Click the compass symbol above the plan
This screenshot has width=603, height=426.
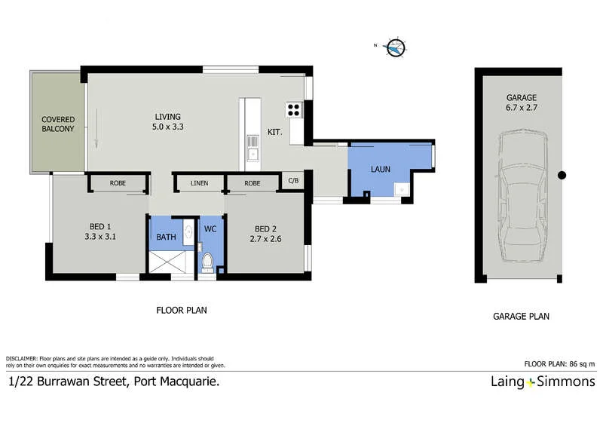click(395, 48)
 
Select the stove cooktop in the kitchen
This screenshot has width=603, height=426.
click(293, 111)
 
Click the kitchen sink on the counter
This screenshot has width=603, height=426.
click(254, 155)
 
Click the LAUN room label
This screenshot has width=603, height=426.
click(380, 170)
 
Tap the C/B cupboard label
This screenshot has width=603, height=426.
click(294, 182)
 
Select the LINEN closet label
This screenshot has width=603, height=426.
click(199, 183)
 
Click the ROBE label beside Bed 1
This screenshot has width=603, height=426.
click(117, 183)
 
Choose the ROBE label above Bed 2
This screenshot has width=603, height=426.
click(252, 183)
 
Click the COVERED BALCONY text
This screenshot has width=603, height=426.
click(58, 124)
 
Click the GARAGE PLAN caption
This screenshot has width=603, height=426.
click(522, 317)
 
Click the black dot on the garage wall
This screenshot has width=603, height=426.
click(562, 176)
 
